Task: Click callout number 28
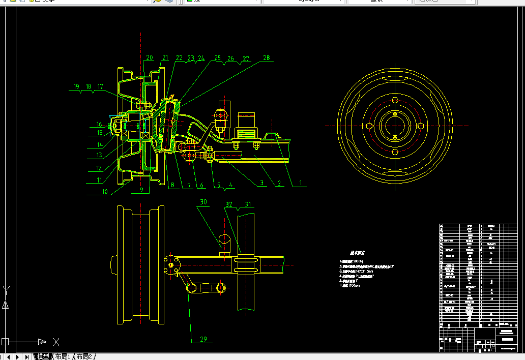pyautogui.click(x=267, y=58)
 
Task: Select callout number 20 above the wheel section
pyautogui.click(x=149, y=58)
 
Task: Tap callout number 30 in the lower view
pyautogui.click(x=203, y=202)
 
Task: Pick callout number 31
pyautogui.click(x=248, y=205)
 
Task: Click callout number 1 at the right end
pyautogui.click(x=300, y=183)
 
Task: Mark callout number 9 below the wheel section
pyautogui.click(x=142, y=191)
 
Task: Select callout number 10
pyautogui.click(x=105, y=192)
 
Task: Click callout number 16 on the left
pyautogui.click(x=100, y=124)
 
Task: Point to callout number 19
pyautogui.click(x=76, y=87)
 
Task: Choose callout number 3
pyautogui.click(x=262, y=183)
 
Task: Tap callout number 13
pyautogui.click(x=99, y=156)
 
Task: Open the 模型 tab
pyautogui.click(x=43, y=356)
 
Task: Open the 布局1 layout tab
pyautogui.click(x=63, y=356)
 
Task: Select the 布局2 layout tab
pyautogui.click(x=84, y=356)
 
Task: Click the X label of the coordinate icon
pyautogui.click(x=56, y=342)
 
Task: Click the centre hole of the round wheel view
pyautogui.click(x=395, y=125)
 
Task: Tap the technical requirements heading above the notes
pyautogui.click(x=358, y=253)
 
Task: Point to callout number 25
pyautogui.click(x=218, y=58)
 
